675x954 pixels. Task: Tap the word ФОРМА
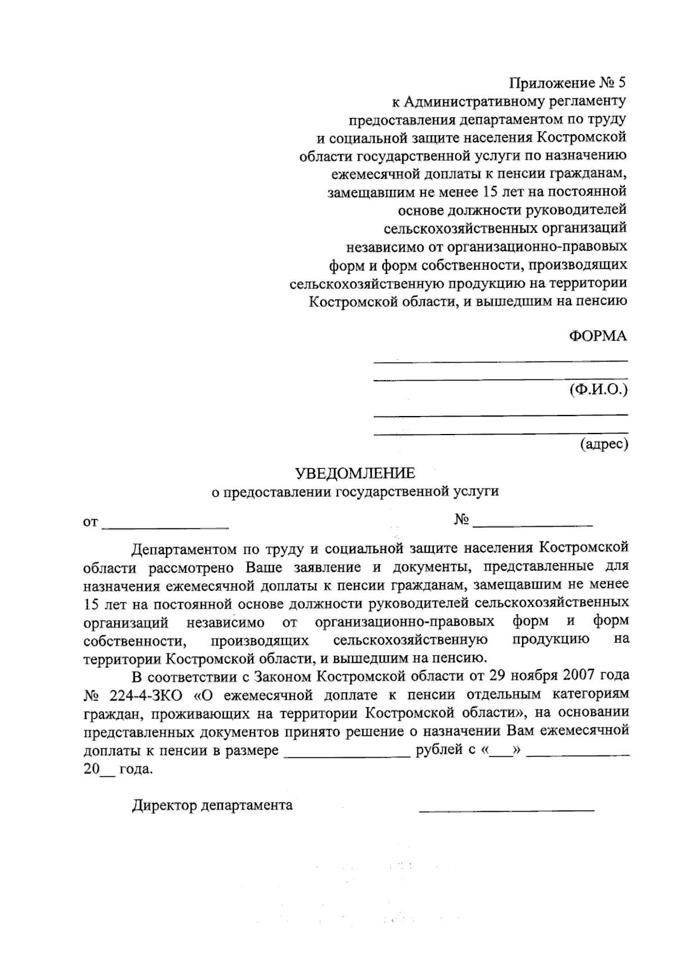597,336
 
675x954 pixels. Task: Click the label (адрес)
604,444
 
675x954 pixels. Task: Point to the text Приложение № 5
567,83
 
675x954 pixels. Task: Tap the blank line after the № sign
533,525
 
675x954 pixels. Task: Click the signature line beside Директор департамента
506,810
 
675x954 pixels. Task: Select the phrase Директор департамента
212,806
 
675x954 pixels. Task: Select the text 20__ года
117,770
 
